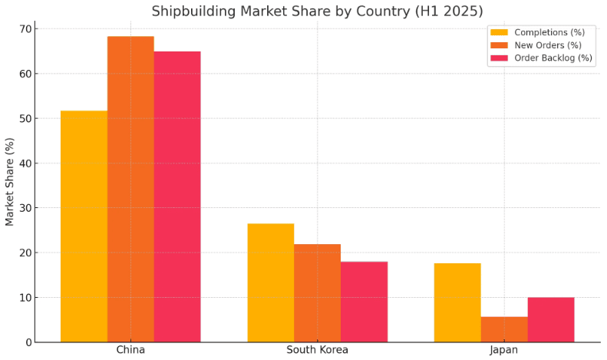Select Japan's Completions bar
coord(457,302)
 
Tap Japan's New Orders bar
coord(504,329)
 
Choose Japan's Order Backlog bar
coord(551,319)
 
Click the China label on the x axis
coord(130,350)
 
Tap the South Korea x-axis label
coord(317,350)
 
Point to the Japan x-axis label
coord(504,350)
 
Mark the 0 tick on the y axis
coord(28,342)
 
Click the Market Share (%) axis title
coord(10,182)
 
